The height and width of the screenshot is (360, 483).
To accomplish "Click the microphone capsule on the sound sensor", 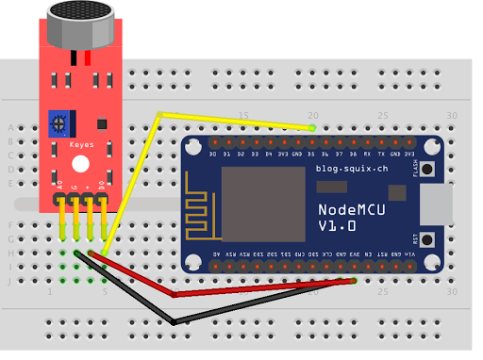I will [83, 22].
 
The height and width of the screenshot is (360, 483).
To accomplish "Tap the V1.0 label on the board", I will [338, 227].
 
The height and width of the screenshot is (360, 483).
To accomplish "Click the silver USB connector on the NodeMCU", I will [436, 205].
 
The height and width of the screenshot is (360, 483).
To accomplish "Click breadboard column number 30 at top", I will [452, 116].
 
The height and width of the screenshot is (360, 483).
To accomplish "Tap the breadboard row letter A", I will [10, 127].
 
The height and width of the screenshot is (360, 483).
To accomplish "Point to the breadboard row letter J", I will [10, 280].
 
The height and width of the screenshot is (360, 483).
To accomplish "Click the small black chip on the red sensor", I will [98, 123].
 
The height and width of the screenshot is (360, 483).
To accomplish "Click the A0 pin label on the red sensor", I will [60, 185].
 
